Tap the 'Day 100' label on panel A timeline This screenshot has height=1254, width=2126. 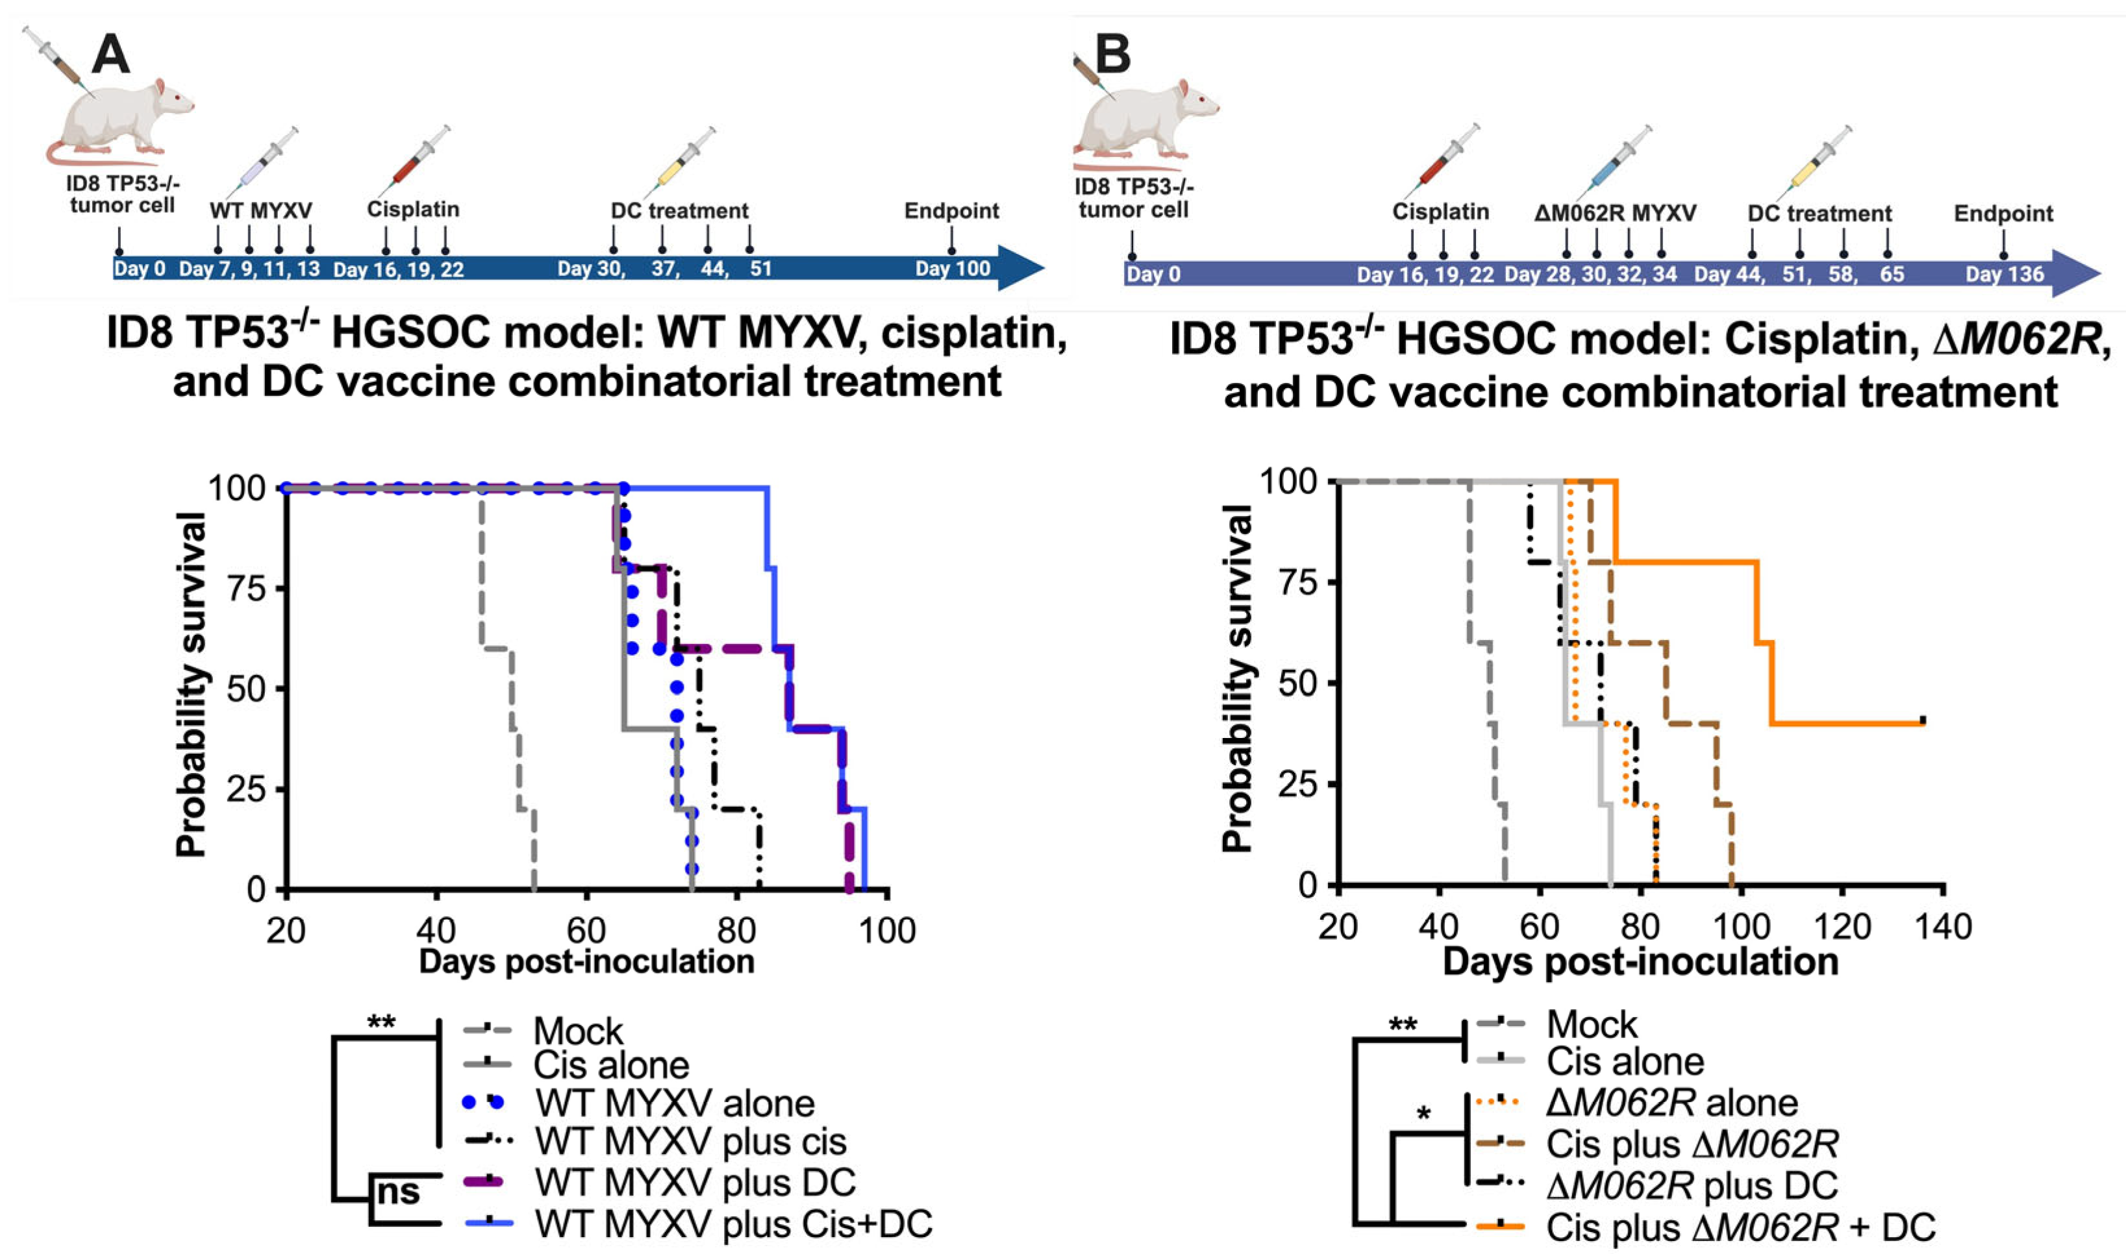point(952,269)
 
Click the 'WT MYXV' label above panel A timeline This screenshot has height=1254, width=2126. point(260,210)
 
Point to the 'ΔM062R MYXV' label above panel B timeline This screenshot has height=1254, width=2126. point(1614,214)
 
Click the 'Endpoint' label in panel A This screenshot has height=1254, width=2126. point(951,210)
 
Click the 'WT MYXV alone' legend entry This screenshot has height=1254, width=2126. point(675,1103)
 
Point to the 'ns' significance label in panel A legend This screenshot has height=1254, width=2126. point(397,1192)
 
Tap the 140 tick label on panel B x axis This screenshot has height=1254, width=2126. point(1944,926)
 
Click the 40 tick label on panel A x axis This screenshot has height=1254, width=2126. point(436,930)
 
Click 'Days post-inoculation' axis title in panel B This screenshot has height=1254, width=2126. point(1640,963)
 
